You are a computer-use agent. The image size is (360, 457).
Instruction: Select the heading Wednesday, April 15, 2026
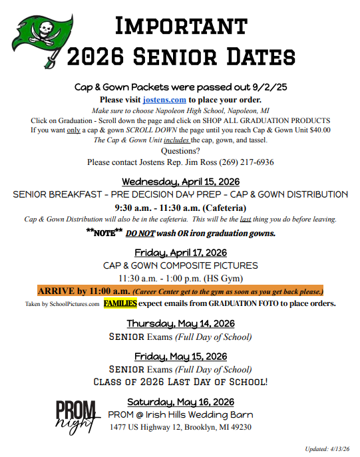pos(180,182)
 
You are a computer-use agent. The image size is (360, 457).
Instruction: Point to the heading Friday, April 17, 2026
pos(180,253)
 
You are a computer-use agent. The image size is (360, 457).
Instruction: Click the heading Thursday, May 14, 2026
pos(180,323)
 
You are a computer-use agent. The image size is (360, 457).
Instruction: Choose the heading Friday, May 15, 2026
pos(180,357)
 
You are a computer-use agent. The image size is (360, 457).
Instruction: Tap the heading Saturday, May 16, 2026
pos(180,401)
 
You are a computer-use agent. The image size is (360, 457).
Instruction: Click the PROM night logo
pos(75,416)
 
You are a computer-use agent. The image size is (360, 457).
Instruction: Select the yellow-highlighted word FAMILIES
pos(120,303)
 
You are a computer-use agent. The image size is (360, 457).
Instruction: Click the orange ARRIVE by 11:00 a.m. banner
pos(180,291)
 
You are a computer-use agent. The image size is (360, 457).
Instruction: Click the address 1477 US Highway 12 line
pos(180,427)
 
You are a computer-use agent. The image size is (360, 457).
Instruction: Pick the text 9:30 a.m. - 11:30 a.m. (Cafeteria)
pos(180,207)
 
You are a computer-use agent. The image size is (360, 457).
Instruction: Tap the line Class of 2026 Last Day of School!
pos(180,382)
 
